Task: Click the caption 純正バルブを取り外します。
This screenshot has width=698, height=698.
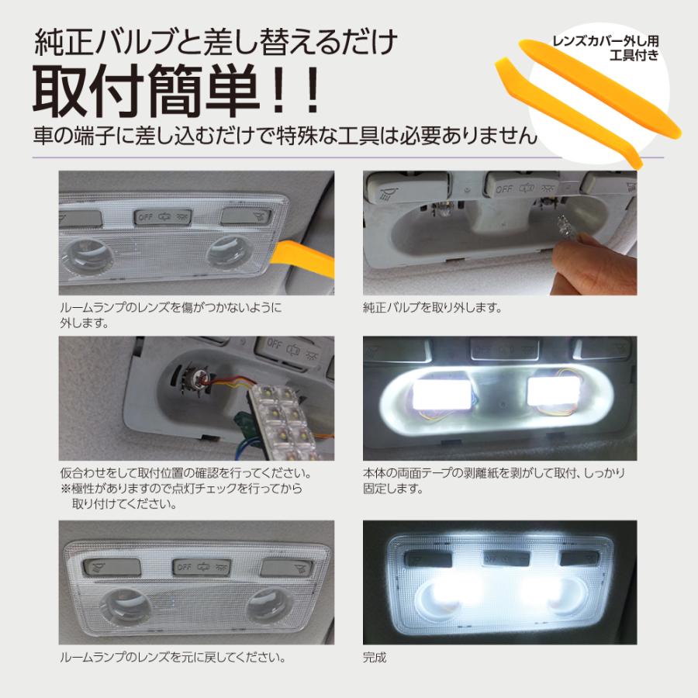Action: (432, 308)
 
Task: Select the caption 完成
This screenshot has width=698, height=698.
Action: (374, 659)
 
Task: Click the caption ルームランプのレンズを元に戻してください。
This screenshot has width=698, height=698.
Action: (171, 659)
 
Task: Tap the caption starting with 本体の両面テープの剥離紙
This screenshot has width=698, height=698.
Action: (493, 473)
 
